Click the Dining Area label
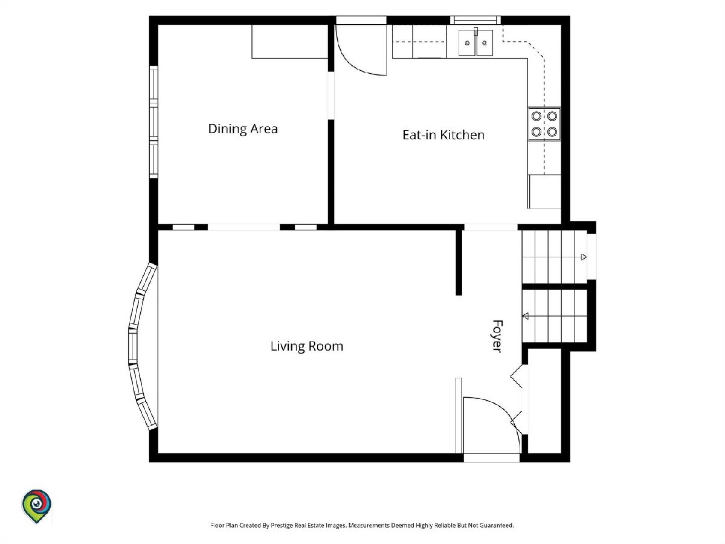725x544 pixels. click(x=243, y=129)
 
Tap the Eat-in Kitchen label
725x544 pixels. click(x=443, y=135)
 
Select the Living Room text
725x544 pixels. click(x=307, y=346)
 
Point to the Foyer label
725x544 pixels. click(x=497, y=336)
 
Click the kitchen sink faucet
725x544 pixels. click(x=476, y=31)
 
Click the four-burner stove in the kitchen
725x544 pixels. click(x=544, y=124)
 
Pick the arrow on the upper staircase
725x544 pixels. click(x=583, y=257)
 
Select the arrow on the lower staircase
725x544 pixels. click(x=525, y=316)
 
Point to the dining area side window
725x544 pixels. click(x=153, y=122)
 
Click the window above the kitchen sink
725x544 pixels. click(x=475, y=20)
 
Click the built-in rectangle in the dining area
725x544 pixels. click(x=289, y=42)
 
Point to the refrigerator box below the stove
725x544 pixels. click(x=544, y=192)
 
